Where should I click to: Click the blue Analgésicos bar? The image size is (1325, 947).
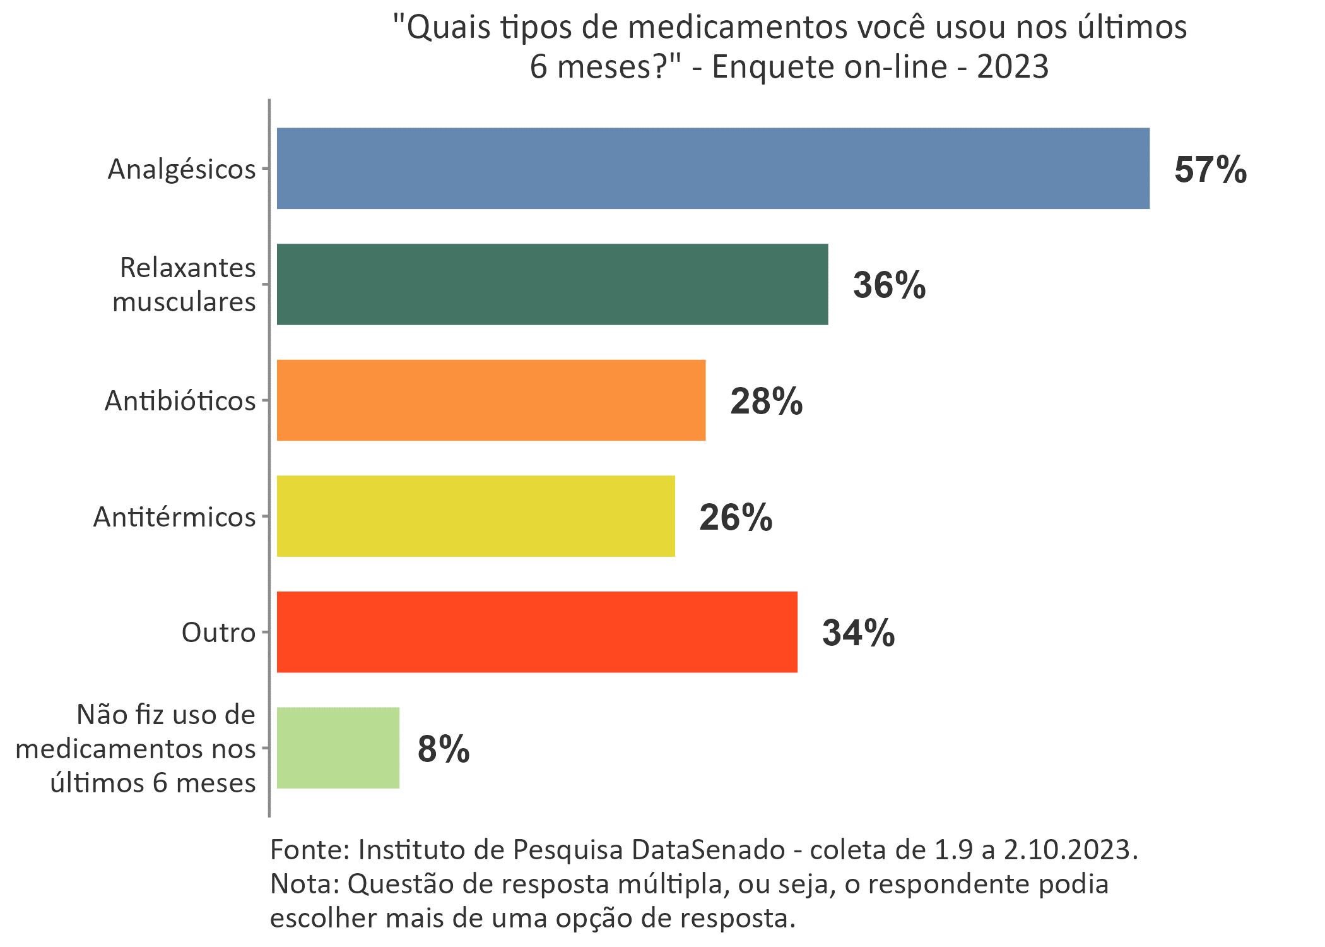tap(713, 169)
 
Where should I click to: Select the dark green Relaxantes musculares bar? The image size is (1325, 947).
tap(552, 284)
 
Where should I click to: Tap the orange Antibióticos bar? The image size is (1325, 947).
tap(491, 400)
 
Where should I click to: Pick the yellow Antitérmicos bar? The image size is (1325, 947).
tap(476, 516)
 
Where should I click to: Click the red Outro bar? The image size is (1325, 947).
tap(537, 632)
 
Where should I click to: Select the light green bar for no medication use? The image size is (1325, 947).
tap(338, 748)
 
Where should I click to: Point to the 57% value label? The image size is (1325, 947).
tap(1210, 170)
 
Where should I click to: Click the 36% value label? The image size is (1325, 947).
tap(889, 285)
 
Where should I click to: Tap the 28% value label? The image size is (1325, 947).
tap(766, 402)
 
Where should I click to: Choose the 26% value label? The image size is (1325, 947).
tap(736, 518)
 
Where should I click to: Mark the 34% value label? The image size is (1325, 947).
tap(858, 633)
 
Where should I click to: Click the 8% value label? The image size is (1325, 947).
tap(444, 749)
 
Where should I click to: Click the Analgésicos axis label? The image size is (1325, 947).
tap(182, 169)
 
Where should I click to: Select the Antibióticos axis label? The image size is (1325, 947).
tap(180, 401)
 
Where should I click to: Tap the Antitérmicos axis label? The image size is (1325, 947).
tap(174, 517)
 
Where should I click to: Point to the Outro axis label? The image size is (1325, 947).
tap(218, 633)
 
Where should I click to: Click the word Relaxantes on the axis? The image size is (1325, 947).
tap(188, 268)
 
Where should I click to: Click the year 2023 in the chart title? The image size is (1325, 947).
tap(1013, 67)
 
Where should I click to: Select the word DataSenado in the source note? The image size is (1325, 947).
tap(709, 850)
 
